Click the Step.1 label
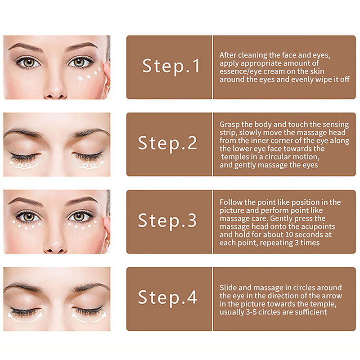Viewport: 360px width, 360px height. point(171,66)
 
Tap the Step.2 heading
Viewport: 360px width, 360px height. point(167,143)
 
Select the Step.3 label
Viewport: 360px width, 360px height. point(167,220)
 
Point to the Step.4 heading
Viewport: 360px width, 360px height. point(167,297)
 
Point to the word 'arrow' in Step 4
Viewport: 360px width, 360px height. point(333,296)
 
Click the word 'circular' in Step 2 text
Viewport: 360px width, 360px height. point(279,157)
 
